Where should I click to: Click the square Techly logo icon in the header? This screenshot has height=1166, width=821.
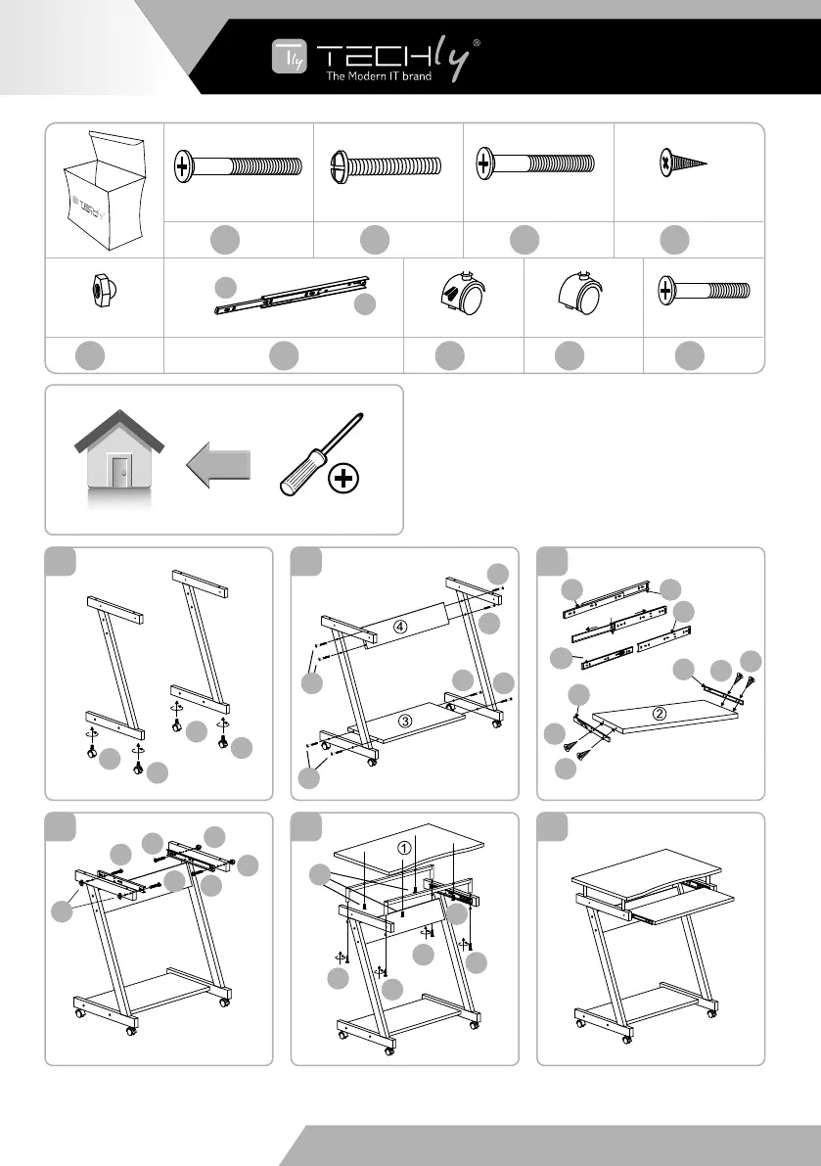pos(289,57)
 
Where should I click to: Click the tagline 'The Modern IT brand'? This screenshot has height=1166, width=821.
pos(379,75)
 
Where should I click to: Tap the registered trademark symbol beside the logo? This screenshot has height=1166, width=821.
pos(477,43)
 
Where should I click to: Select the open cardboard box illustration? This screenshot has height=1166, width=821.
pos(106,191)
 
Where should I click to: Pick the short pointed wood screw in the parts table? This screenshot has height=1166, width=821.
pos(683,163)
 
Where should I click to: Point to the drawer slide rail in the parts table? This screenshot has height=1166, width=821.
pos(292,296)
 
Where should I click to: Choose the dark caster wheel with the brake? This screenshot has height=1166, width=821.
pos(462,294)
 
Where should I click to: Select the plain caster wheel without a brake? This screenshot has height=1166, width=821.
pos(579,293)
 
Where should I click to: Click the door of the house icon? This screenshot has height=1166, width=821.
pos(119,471)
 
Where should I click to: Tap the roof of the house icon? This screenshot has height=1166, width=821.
pos(118,431)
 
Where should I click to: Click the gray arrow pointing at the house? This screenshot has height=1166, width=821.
pos(218,465)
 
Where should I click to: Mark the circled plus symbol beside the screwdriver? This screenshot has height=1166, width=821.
pos(343,478)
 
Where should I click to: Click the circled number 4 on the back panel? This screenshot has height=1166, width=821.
pos(399,627)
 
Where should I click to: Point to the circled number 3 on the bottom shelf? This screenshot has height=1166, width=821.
pos(405,721)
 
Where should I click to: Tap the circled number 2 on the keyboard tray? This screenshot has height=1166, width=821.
pos(659,714)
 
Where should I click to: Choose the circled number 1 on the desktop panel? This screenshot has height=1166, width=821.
pos(404,848)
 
